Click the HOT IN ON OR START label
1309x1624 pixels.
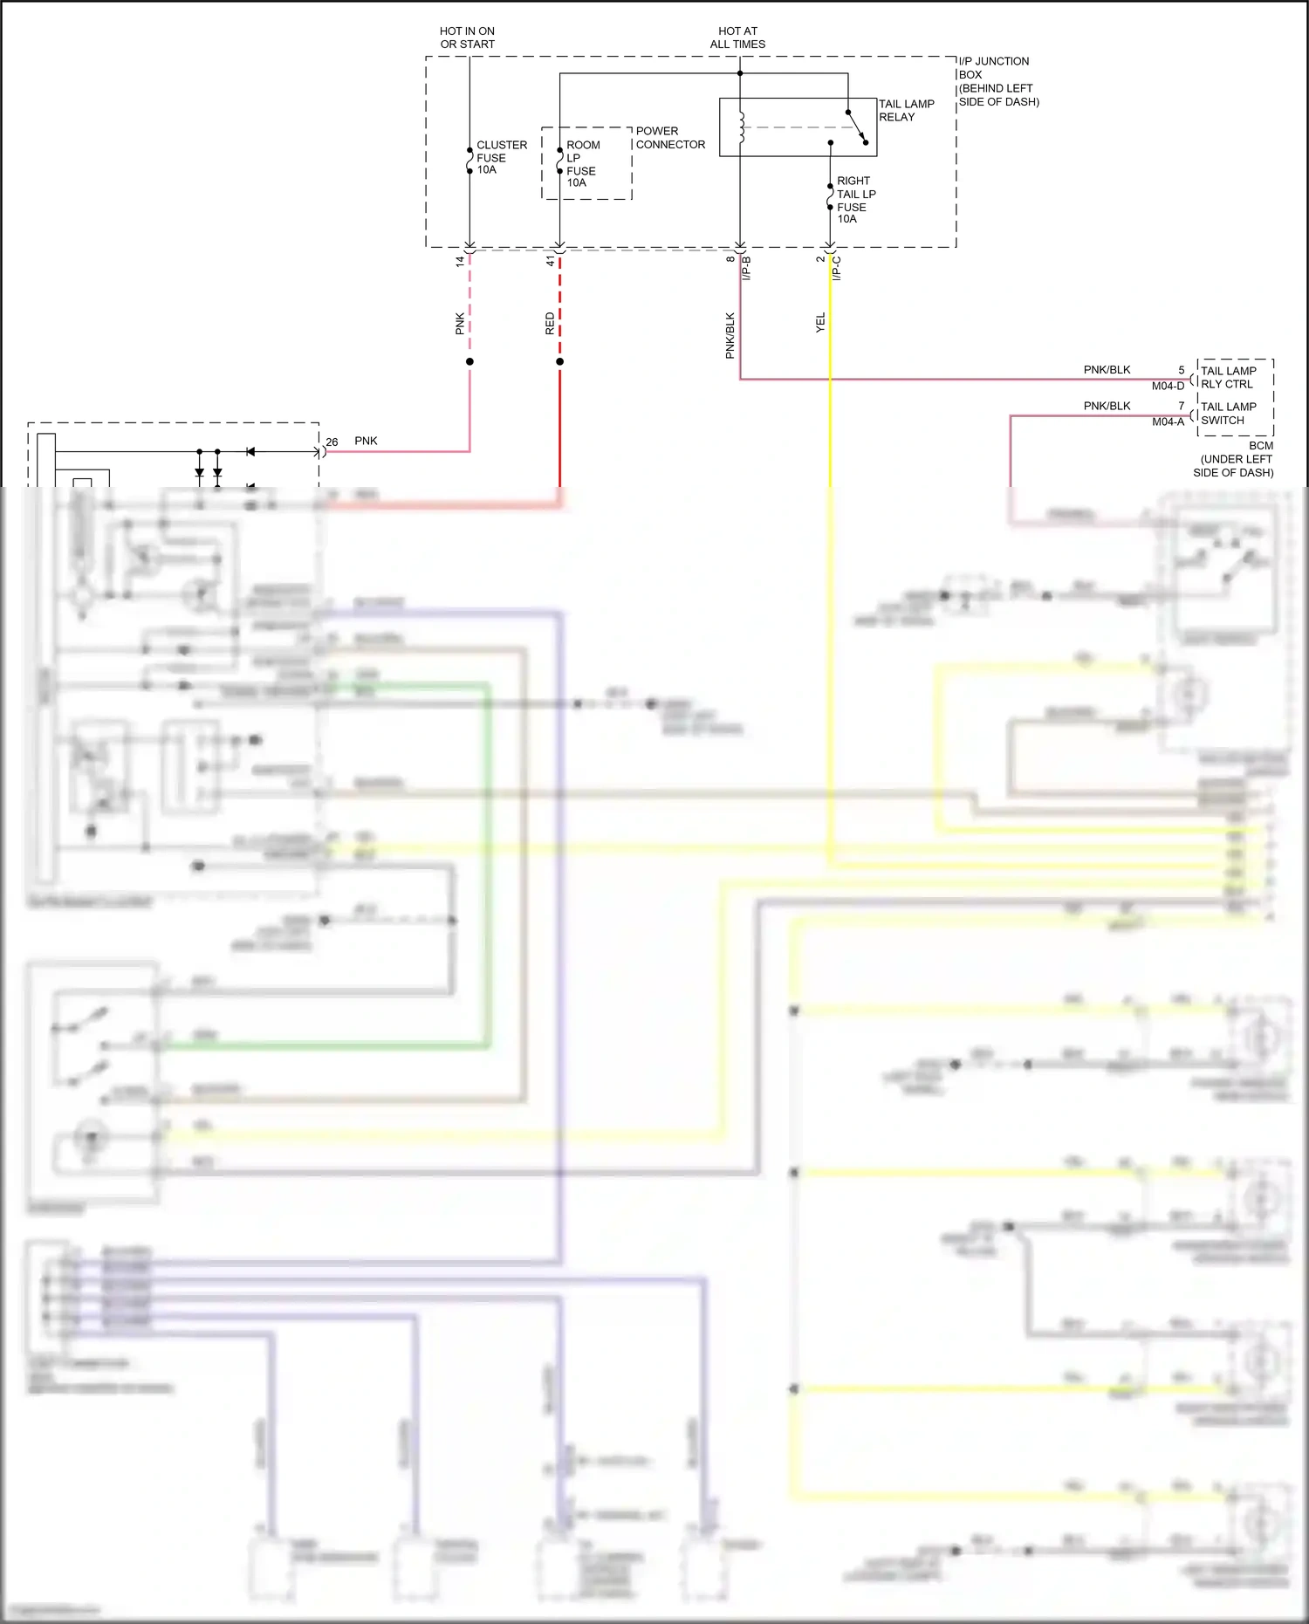(x=467, y=38)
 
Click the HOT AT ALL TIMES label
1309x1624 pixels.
(x=737, y=38)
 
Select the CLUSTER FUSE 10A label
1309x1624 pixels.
(x=501, y=157)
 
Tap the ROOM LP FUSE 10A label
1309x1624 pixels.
(x=581, y=164)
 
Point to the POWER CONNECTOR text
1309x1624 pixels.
(x=669, y=138)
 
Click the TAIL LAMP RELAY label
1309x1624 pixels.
(x=906, y=110)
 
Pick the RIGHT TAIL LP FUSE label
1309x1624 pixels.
(x=855, y=200)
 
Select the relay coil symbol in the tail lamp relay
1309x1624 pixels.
(x=741, y=127)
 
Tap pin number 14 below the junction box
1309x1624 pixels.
(x=460, y=261)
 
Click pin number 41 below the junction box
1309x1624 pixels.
(x=551, y=261)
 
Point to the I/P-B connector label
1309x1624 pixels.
(x=746, y=268)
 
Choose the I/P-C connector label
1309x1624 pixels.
(x=837, y=268)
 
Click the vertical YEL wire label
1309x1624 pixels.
(x=820, y=323)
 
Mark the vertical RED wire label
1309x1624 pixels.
(x=550, y=324)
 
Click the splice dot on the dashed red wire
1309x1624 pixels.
(x=559, y=361)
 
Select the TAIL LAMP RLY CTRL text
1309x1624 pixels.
(x=1228, y=377)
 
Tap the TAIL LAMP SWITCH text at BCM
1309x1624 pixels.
(x=1228, y=414)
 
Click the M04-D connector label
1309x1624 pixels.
(x=1168, y=386)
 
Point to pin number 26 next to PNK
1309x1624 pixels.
(x=332, y=442)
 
